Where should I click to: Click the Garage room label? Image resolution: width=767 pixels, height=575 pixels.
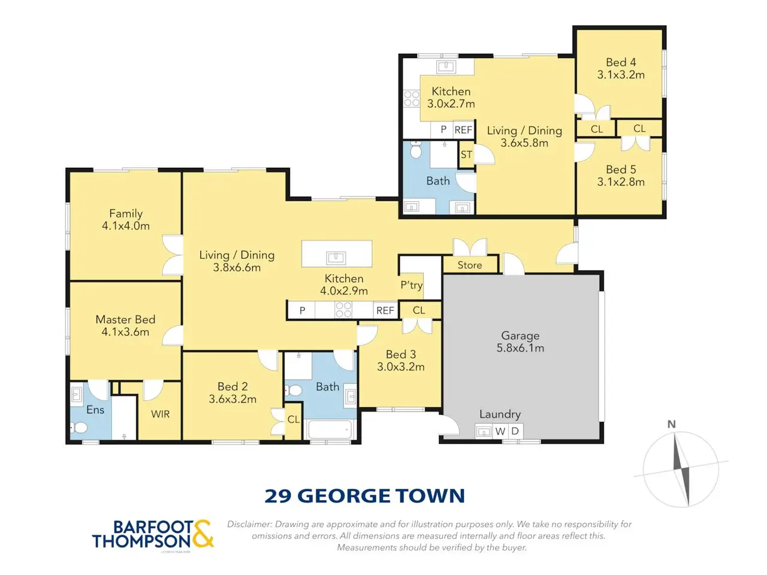pyautogui.click(x=520, y=335)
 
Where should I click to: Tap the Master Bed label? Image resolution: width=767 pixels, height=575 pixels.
pyautogui.click(x=125, y=319)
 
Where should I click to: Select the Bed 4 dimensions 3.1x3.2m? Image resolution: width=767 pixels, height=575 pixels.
pyautogui.click(x=621, y=75)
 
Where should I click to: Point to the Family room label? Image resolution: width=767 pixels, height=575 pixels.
pyautogui.click(x=126, y=213)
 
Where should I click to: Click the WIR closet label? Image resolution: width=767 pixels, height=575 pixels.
pyautogui.click(x=161, y=414)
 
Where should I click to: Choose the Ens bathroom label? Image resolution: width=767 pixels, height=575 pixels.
pyautogui.click(x=95, y=410)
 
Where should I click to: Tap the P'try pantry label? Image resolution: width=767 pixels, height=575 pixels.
pyautogui.click(x=411, y=285)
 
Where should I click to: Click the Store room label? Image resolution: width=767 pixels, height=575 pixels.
pyautogui.click(x=470, y=265)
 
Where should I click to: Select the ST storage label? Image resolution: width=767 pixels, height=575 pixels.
pyautogui.click(x=466, y=155)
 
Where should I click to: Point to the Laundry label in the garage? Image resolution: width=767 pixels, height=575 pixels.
pyautogui.click(x=500, y=414)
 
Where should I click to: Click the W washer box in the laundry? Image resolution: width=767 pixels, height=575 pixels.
pyautogui.click(x=500, y=431)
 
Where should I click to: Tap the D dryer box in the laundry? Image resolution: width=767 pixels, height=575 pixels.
pyautogui.click(x=515, y=431)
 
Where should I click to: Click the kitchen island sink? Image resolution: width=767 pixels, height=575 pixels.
pyautogui.click(x=336, y=258)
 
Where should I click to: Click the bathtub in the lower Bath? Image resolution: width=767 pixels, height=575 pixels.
pyautogui.click(x=330, y=429)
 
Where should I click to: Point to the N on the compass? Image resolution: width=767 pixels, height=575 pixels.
pyautogui.click(x=672, y=424)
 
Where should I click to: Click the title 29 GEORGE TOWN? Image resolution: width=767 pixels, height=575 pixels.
pyautogui.click(x=364, y=496)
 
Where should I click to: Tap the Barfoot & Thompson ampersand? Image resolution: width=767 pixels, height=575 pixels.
pyautogui.click(x=202, y=534)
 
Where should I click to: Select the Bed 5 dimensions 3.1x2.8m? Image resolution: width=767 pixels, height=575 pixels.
pyautogui.click(x=621, y=182)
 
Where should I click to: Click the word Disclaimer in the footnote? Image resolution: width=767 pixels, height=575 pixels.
pyautogui.click(x=249, y=524)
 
